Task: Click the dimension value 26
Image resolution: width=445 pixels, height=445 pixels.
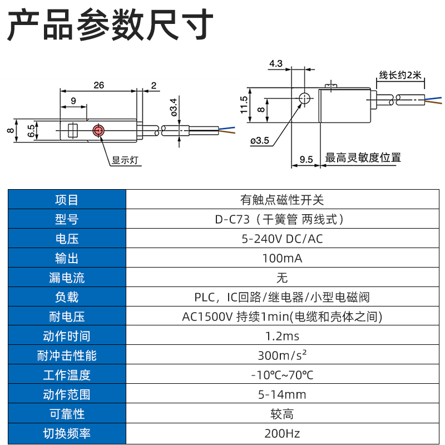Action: (98, 85)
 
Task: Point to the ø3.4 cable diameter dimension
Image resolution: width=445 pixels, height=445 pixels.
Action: (174, 106)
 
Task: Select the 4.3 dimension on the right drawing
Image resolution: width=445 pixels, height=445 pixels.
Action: (276, 64)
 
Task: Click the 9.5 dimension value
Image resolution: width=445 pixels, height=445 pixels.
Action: (306, 159)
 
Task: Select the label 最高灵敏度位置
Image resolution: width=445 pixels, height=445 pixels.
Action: (363, 158)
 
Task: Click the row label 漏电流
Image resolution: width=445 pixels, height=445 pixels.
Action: (67, 278)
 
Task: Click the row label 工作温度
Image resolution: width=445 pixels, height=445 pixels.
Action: (67, 375)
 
